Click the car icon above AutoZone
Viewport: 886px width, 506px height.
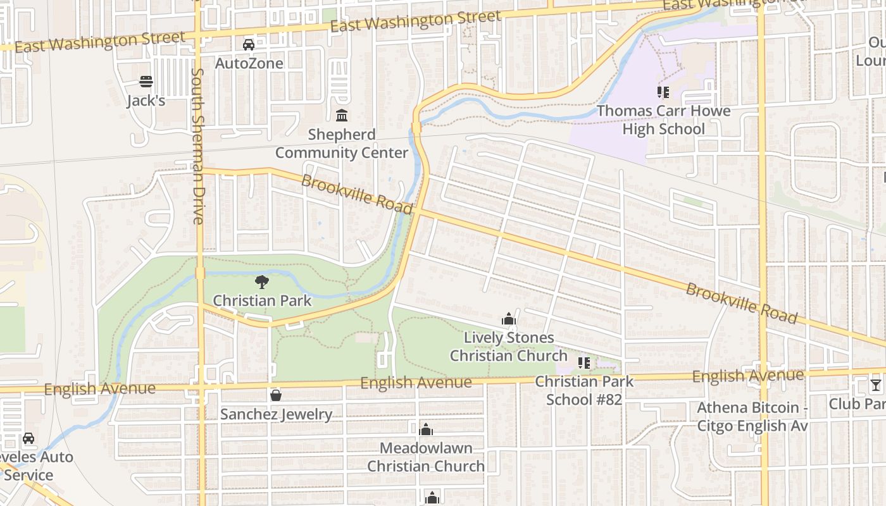[x=249, y=45]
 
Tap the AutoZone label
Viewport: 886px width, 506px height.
[x=249, y=63]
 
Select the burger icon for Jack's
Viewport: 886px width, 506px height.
[x=146, y=82]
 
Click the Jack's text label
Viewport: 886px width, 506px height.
[x=146, y=101]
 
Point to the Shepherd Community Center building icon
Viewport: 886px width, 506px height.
[x=342, y=115]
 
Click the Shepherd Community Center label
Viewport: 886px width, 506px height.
[x=342, y=144]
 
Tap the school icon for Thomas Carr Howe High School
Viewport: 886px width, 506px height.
[x=663, y=92]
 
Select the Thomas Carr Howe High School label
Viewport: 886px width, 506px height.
[x=663, y=120]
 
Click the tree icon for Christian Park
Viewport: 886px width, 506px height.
[x=262, y=282]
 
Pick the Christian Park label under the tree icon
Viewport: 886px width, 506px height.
[x=262, y=300]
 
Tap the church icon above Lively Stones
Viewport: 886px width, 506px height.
[x=509, y=319]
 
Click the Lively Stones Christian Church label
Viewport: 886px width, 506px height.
[x=509, y=347]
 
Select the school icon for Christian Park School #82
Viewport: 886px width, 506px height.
[x=584, y=363]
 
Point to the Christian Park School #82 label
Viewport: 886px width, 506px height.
[x=584, y=390]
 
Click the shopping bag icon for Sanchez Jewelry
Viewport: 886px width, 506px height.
[x=276, y=396]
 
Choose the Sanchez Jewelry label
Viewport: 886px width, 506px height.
[x=276, y=414]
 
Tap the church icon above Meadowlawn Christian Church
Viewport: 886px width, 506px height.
[x=426, y=430]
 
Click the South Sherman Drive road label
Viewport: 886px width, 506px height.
[x=197, y=145]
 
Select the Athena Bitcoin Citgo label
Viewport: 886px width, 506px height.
[x=752, y=417]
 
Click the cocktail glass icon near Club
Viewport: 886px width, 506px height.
[x=875, y=385]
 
